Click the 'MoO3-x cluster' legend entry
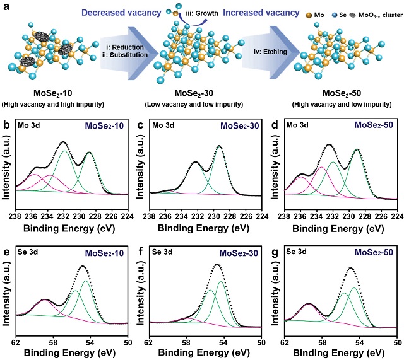point(374,14)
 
